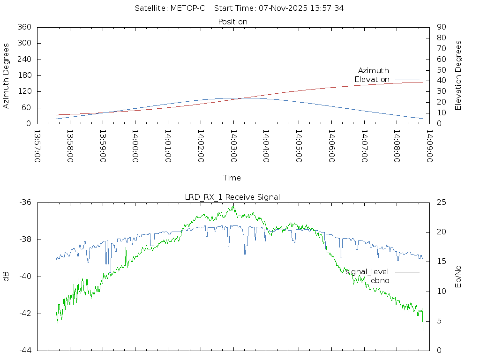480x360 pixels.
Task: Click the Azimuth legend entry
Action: pos(374,71)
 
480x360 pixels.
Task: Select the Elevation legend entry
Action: pos(372,80)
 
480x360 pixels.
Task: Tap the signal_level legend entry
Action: pos(367,271)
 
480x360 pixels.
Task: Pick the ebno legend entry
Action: pos(380,280)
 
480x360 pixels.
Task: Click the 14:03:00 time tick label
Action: pos(233,146)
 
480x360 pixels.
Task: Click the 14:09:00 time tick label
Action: pos(429,146)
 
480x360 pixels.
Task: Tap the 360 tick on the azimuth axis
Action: pos(24,27)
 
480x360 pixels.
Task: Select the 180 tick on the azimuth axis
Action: pos(24,75)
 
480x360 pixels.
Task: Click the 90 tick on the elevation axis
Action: pos(441,27)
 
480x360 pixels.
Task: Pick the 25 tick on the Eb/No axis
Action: pos(441,202)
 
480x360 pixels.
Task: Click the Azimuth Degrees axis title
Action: pos(6,75)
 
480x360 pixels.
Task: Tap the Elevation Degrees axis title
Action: pos(458,75)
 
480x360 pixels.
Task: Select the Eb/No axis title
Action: pos(458,277)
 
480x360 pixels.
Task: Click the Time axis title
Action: pos(232,178)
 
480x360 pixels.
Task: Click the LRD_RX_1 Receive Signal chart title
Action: pos(232,197)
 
